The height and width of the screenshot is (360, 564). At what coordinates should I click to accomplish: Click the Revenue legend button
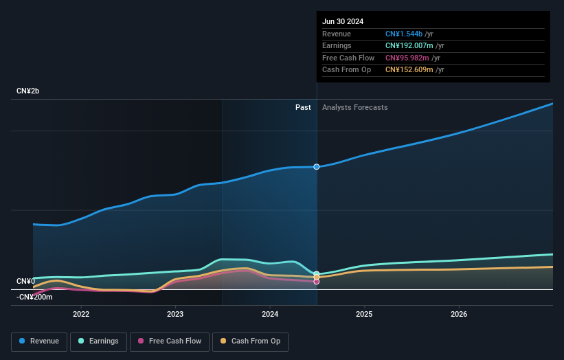coord(40,341)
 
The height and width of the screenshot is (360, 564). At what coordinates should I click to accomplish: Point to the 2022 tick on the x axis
coord(81,314)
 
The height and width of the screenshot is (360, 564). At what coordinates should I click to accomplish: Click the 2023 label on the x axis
coord(175,314)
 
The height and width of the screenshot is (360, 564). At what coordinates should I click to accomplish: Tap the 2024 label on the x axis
coord(270,314)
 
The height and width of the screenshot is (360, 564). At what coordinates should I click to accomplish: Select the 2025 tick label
coord(364,314)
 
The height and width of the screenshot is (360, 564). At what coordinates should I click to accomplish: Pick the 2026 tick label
coord(459,314)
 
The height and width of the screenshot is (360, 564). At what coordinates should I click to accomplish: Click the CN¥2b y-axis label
coord(28,91)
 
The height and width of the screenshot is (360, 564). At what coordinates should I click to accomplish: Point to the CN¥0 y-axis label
coord(26,282)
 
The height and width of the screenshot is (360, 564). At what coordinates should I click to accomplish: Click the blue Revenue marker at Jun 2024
coord(317,167)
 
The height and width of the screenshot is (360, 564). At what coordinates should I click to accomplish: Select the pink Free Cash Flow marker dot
coord(317,282)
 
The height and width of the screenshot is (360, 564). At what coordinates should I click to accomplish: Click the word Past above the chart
coord(303,108)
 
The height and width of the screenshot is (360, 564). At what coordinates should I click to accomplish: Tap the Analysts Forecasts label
coord(354,108)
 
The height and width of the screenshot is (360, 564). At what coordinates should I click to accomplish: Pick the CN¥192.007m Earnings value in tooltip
coord(409,46)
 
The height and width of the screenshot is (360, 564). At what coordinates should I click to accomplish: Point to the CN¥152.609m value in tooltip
coord(409,70)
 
